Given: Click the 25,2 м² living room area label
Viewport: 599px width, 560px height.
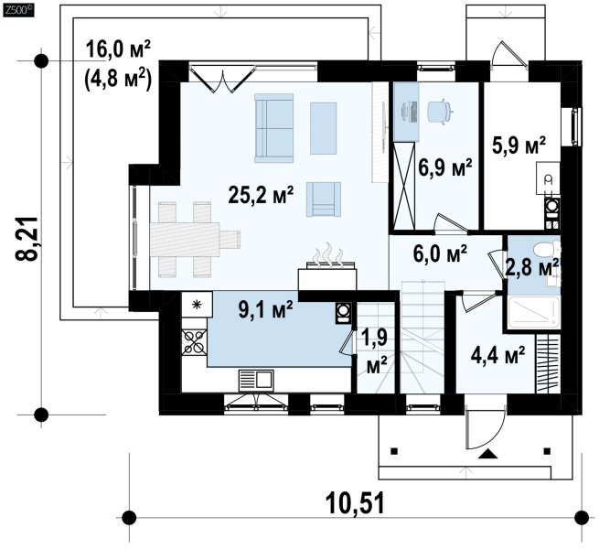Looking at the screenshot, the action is tap(261, 195).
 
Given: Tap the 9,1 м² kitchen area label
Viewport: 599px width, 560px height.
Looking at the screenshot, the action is tap(265, 309).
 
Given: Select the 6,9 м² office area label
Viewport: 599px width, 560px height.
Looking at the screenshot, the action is tap(445, 167).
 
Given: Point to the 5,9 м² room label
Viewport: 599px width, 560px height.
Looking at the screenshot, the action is tap(519, 145).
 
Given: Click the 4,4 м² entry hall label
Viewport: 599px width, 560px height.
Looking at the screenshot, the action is tap(497, 355).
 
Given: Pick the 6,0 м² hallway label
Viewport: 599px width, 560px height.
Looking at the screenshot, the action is tap(440, 253).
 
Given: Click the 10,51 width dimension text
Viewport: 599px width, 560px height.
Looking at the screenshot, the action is tap(355, 504).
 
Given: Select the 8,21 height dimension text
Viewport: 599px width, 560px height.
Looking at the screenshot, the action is tap(27, 239).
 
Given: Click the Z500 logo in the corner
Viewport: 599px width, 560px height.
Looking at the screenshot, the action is tap(18, 11).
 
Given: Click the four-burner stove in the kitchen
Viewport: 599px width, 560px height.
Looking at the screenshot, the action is tap(194, 342).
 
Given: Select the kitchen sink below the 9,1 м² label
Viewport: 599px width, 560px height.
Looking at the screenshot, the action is tap(256, 381).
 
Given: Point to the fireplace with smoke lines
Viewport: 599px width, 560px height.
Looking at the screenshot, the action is tap(327, 272).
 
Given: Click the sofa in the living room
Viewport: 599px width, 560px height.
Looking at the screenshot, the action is tap(274, 128).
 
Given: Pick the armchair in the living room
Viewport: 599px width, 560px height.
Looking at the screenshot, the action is tap(323, 199).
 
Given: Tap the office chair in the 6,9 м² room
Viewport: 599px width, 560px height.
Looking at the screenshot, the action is tap(439, 111).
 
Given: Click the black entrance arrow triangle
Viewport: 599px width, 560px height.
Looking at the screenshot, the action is tap(487, 454).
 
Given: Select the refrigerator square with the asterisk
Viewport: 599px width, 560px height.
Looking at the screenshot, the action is tap(197, 304).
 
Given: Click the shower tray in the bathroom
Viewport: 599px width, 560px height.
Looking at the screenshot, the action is tap(534, 312).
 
